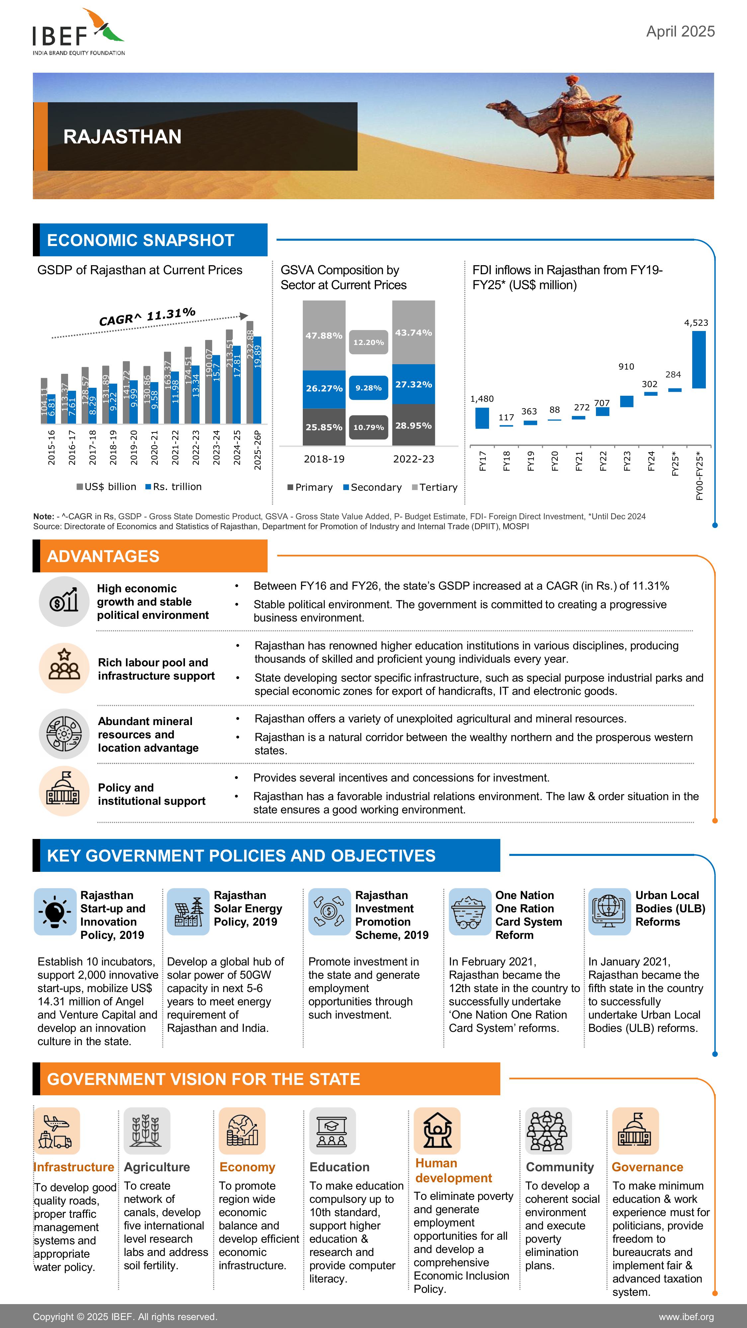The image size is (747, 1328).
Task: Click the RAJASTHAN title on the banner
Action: click(x=122, y=136)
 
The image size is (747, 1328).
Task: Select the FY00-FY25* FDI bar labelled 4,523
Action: click(x=699, y=359)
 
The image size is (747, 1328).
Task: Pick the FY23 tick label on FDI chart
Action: click(x=627, y=460)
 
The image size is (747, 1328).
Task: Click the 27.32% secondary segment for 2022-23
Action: click(x=413, y=384)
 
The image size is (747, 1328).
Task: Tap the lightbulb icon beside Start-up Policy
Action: click(x=55, y=911)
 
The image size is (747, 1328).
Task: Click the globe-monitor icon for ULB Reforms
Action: click(x=609, y=911)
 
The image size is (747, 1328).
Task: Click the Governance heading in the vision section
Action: click(x=647, y=1167)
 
